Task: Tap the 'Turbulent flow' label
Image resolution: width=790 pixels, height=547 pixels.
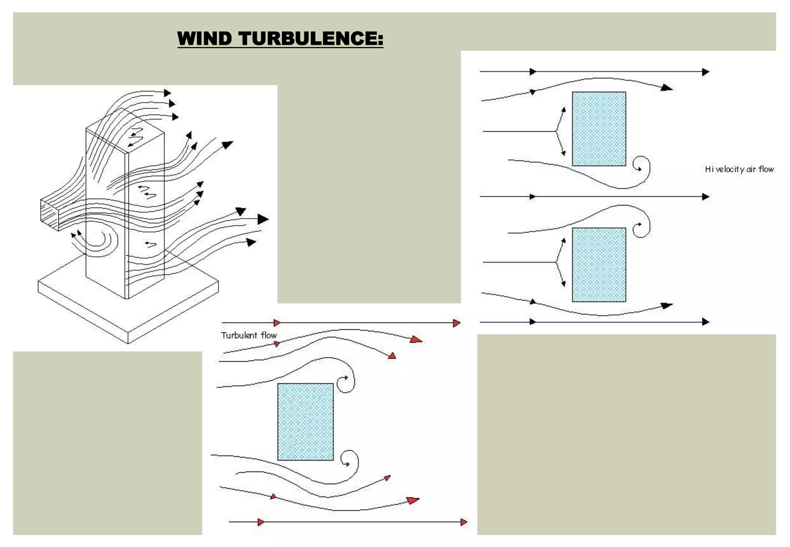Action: [x=249, y=335]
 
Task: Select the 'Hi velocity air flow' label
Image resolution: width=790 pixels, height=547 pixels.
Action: [x=739, y=169]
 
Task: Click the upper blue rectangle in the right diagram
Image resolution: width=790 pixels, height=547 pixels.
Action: [x=599, y=129]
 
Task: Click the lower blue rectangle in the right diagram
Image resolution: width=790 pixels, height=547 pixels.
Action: [x=599, y=265]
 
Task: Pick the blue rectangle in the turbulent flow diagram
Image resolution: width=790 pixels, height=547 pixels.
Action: [x=305, y=422]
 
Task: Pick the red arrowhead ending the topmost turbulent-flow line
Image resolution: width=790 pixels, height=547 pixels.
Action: [x=457, y=323]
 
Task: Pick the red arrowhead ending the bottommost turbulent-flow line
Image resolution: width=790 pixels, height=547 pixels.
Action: [x=464, y=522]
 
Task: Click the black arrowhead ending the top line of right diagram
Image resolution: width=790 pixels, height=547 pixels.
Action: [x=706, y=72]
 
